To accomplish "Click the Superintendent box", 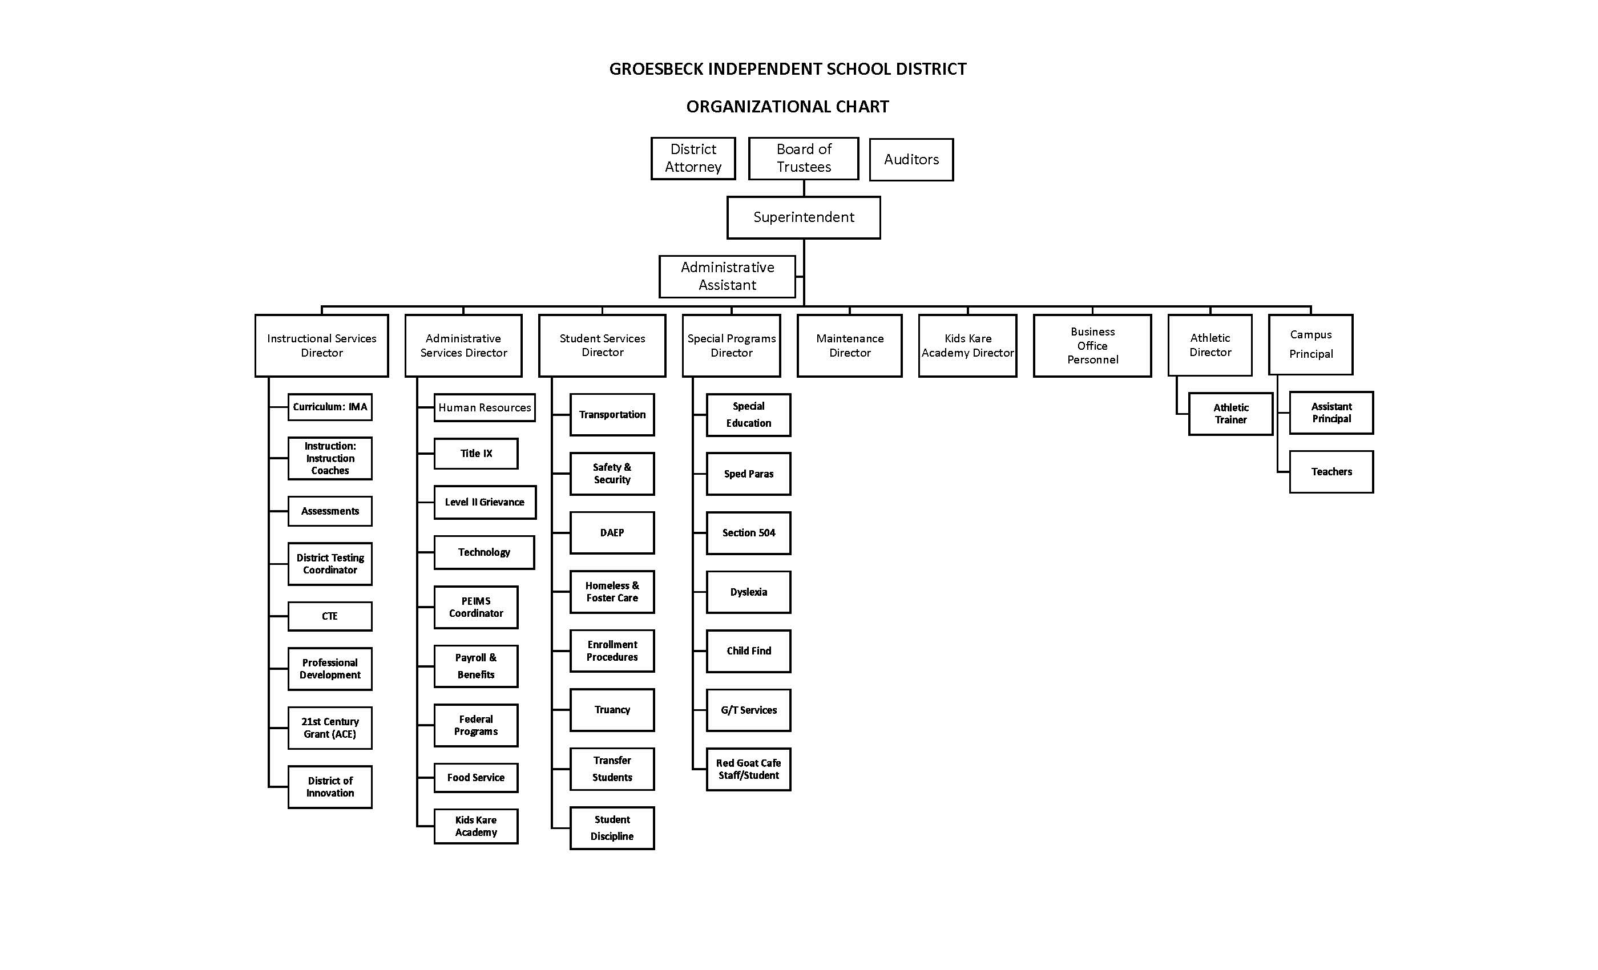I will tap(803, 217).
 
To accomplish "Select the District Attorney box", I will tap(693, 158).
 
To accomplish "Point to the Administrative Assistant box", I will tap(727, 276).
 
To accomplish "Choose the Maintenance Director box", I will tap(849, 346).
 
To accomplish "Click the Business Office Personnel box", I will tap(1092, 346).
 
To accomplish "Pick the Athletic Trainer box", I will tap(1230, 414).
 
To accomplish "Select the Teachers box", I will tap(1331, 472).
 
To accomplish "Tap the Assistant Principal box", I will tap(1331, 413).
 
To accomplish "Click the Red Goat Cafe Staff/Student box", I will tap(748, 769).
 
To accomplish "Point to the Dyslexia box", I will tap(748, 592).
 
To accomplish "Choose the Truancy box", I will tap(612, 710).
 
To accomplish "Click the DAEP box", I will tap(612, 533).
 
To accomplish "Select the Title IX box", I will tap(475, 454).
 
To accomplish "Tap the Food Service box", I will tap(475, 777).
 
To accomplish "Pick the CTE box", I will tap(329, 616).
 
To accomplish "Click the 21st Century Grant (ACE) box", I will tap(329, 727).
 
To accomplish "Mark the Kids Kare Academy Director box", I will tap(967, 346).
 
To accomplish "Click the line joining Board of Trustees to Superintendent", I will tap(804, 188).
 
